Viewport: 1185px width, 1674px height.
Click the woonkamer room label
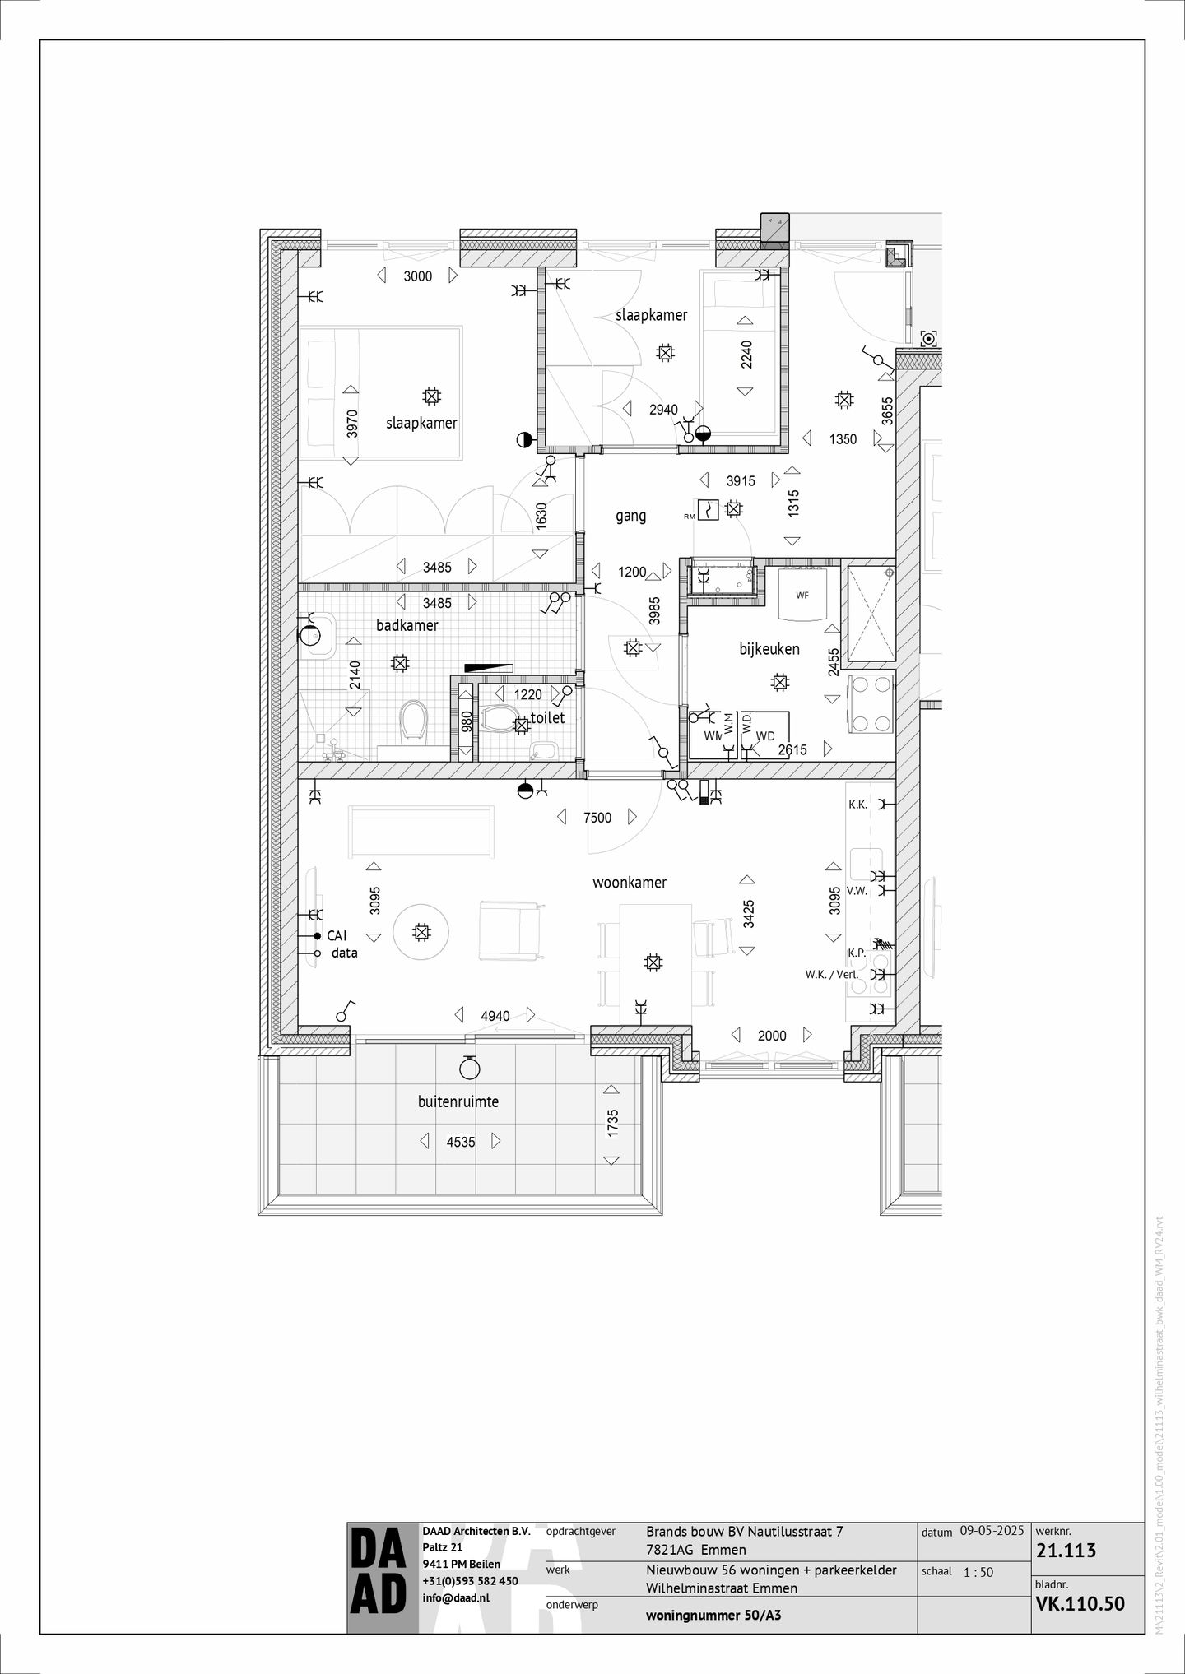(x=630, y=883)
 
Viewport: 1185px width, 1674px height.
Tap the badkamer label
(x=407, y=625)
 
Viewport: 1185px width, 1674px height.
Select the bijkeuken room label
(x=769, y=649)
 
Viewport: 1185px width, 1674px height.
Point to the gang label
(x=631, y=516)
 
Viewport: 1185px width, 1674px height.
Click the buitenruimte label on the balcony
(x=458, y=1101)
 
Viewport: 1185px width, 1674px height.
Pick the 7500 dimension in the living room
(x=597, y=818)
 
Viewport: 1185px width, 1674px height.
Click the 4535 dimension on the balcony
(x=461, y=1142)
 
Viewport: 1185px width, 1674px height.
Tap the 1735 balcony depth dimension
(x=612, y=1125)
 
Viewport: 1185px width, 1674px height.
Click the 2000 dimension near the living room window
(x=772, y=1036)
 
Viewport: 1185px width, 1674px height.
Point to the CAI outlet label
(x=337, y=936)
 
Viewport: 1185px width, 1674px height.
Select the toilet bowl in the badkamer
(x=412, y=721)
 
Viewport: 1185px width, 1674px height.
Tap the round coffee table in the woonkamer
(x=421, y=932)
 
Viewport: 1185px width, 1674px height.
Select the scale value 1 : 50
(x=978, y=1572)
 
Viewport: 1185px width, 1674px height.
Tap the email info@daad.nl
(x=455, y=1597)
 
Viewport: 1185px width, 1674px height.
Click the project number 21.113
(x=1066, y=1551)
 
